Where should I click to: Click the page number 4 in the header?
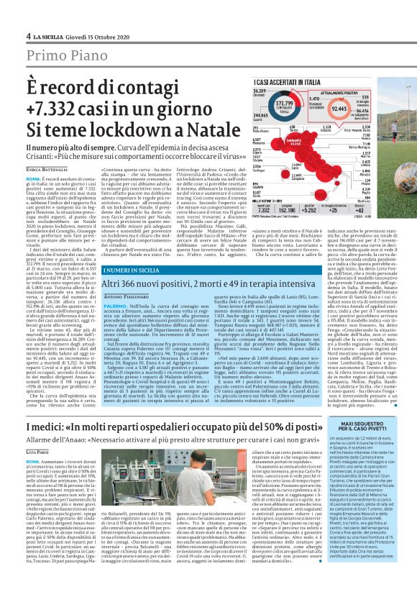pos(28,36)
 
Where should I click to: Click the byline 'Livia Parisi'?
pos(37,431)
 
